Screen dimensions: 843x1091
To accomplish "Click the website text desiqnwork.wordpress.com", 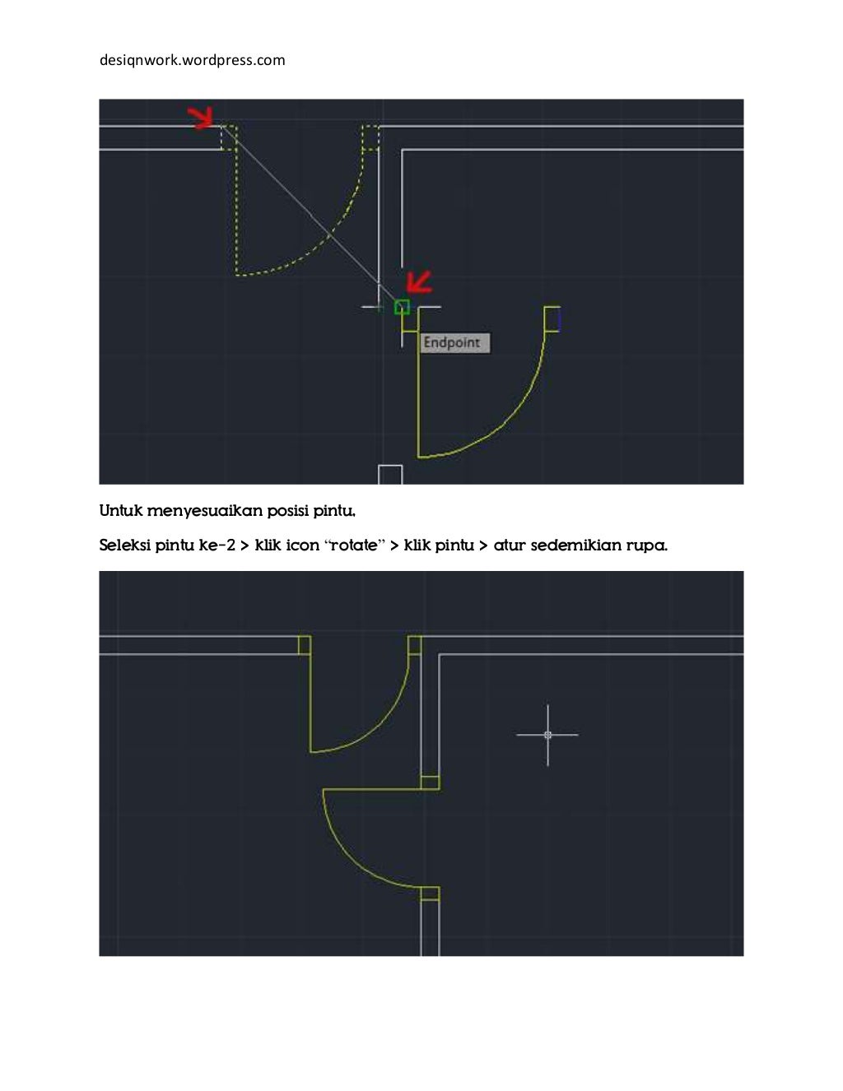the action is coord(192,60).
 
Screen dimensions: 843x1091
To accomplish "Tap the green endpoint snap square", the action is coord(402,307).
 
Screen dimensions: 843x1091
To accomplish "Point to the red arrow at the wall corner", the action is coord(200,118).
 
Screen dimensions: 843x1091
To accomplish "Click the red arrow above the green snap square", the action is coord(420,282).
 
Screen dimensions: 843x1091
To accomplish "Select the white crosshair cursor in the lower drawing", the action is coord(547,735).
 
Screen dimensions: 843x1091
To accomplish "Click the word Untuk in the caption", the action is coord(121,511).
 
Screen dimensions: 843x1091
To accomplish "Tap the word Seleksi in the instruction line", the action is coord(124,545).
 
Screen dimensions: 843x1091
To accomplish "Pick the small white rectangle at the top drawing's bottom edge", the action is coord(390,475).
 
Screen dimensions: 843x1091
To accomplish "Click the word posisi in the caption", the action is coord(286,511).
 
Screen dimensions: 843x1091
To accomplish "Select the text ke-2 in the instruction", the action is coord(217,545).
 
